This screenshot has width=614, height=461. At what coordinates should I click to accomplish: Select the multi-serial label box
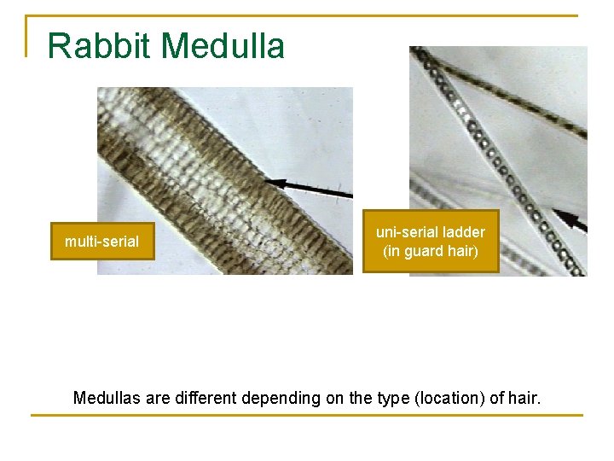click(x=101, y=242)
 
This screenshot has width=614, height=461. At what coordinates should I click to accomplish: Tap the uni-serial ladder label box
click(x=431, y=242)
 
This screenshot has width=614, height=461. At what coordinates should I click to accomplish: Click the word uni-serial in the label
click(x=405, y=232)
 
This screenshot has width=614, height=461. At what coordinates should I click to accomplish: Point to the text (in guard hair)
click(x=431, y=251)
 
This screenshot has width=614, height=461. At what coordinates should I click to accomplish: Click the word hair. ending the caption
click(x=524, y=398)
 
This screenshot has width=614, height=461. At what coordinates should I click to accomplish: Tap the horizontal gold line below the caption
click(x=307, y=416)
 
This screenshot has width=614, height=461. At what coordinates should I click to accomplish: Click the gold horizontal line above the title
click(x=307, y=15)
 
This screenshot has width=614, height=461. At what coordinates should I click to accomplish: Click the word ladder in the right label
click(x=465, y=232)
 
